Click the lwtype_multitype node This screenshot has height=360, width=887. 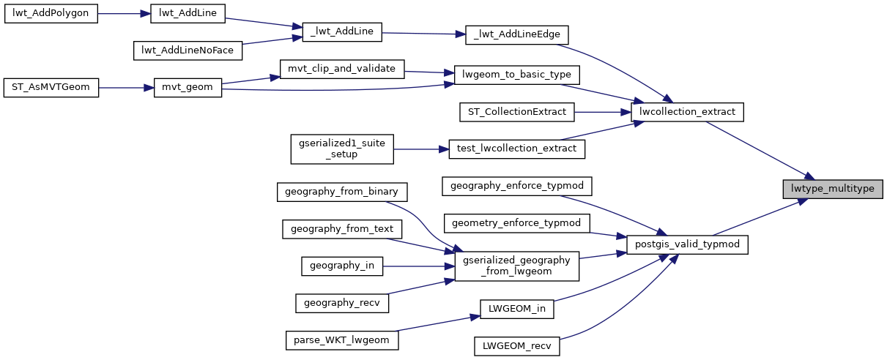tap(832, 188)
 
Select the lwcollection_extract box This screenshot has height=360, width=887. tap(687, 112)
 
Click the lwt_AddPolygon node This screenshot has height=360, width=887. tap(51, 15)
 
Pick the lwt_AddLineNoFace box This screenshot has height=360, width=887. tap(188, 50)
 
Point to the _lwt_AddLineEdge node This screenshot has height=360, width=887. tap(517, 34)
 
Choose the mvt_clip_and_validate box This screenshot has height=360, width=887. tap(342, 70)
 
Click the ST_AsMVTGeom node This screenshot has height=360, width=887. tap(51, 87)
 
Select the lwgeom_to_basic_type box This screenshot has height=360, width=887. tap(517, 75)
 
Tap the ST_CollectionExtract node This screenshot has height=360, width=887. tap(517, 112)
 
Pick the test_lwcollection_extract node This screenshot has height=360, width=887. tap(517, 149)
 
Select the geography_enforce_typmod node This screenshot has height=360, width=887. tap(517, 185)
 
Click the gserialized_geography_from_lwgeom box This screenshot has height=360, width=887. tap(517, 266)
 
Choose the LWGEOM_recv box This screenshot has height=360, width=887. tap(517, 345)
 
